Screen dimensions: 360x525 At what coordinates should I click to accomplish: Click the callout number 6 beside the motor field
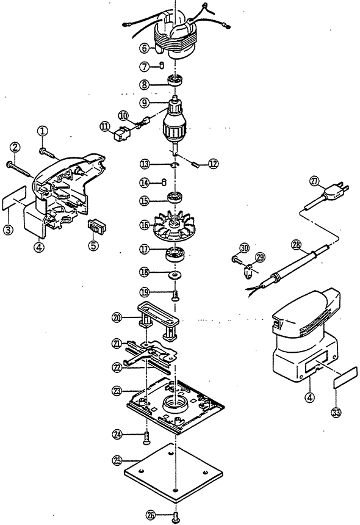coord(144,48)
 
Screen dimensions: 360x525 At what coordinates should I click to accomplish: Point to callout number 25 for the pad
coord(117,460)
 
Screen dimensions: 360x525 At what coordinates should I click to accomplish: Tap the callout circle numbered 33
coord(336,412)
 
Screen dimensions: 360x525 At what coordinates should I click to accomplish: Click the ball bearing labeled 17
coord(175,255)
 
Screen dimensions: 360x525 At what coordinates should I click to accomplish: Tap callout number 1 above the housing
coord(43,131)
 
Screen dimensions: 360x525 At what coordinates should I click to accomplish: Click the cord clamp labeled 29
coord(248,270)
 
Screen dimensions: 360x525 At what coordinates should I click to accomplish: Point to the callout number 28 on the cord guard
coord(296,245)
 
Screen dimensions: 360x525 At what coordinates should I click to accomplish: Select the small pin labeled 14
coord(164,182)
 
